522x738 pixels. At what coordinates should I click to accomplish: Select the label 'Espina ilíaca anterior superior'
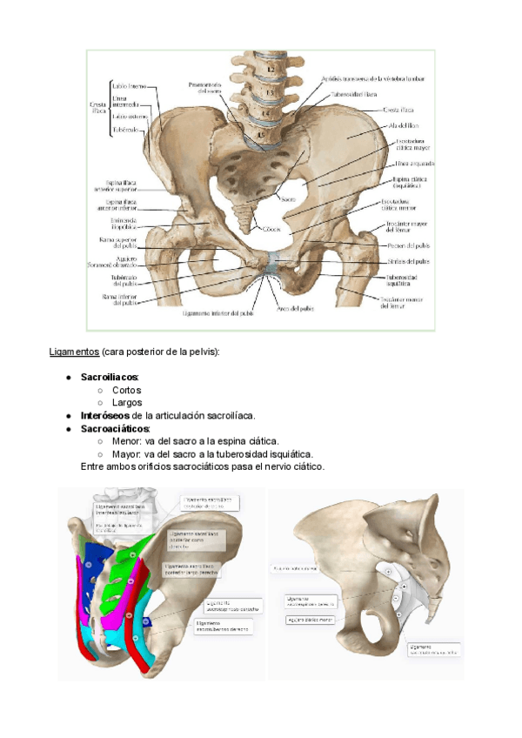[117, 186]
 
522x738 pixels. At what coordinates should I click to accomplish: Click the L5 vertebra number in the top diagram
[260, 137]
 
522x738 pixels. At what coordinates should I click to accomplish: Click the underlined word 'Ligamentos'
[73, 351]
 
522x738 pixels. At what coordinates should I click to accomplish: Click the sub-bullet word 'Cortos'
[126, 390]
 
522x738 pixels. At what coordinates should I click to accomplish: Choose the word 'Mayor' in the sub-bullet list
[126, 453]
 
